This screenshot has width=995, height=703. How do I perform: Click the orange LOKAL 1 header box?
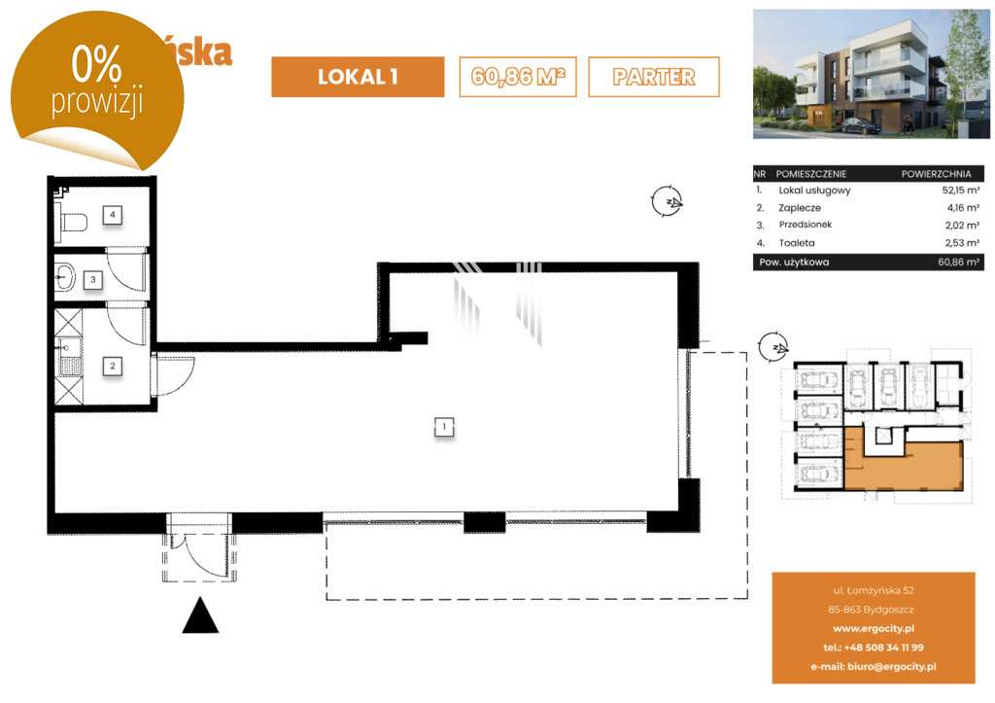click(x=357, y=77)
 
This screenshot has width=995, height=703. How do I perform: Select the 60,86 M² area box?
click(x=518, y=77)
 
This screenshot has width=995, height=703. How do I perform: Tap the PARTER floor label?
click(x=654, y=77)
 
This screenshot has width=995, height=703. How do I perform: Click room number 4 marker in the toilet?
click(x=114, y=214)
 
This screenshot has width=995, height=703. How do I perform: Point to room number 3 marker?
click(x=93, y=280)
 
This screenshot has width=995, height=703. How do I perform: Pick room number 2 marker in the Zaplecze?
click(x=114, y=367)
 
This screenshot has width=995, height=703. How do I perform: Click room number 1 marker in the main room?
click(x=443, y=426)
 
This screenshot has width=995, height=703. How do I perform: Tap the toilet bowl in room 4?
click(x=73, y=223)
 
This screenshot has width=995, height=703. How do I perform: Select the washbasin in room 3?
click(x=65, y=278)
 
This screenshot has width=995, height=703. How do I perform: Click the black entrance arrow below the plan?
click(x=200, y=615)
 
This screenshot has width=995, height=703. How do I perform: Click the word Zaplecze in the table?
click(x=801, y=208)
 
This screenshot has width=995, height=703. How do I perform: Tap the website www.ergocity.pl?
click(x=874, y=629)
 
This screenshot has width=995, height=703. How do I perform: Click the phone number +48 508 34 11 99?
click(x=874, y=648)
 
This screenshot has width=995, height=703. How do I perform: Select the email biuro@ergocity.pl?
click(x=874, y=667)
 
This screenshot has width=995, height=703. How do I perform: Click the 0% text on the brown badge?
click(x=95, y=65)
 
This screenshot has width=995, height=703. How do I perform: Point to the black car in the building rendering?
click(x=860, y=125)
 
